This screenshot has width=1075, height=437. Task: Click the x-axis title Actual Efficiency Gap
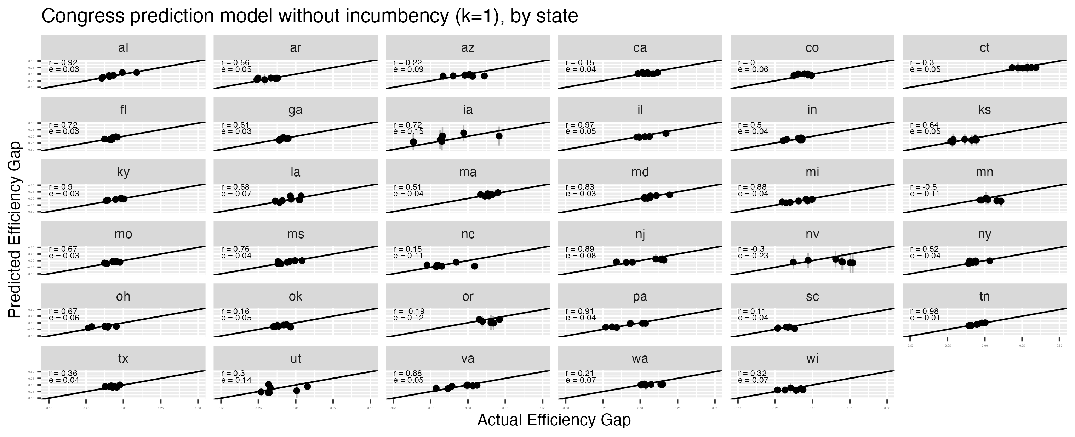click(x=554, y=420)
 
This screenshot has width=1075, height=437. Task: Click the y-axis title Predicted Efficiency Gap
click(x=15, y=229)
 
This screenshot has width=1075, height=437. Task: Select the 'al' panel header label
click(x=123, y=47)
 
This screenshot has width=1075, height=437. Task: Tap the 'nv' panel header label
click(x=812, y=234)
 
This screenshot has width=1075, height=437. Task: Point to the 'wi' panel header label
click(x=812, y=358)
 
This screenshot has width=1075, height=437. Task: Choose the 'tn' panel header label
click(x=984, y=296)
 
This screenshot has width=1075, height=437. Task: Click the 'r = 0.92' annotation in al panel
click(x=63, y=63)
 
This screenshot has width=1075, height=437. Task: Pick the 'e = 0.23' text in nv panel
click(x=753, y=256)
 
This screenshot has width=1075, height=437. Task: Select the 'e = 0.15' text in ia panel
click(x=408, y=131)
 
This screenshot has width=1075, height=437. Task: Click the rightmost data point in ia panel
click(x=499, y=136)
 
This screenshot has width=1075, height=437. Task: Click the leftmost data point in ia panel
click(x=413, y=142)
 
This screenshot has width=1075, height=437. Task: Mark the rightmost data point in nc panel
click(x=474, y=266)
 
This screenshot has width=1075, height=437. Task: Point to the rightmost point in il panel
click(x=665, y=133)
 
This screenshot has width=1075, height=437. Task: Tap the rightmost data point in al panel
click(x=137, y=72)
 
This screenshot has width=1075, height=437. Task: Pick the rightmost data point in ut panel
click(x=308, y=386)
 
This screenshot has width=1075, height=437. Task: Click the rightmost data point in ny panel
click(x=989, y=261)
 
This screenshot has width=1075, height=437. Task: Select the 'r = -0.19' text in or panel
click(x=409, y=311)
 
